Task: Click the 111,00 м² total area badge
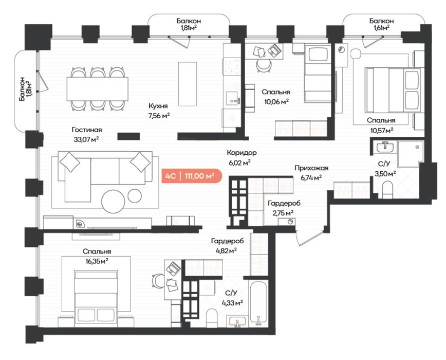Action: pos(192,176)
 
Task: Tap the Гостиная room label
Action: pos(87,130)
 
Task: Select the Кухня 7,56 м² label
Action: pos(159,111)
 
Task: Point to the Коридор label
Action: pos(242,153)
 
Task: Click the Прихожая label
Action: pos(311,168)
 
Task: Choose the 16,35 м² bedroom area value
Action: pos(97,261)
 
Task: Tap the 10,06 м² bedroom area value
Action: pos(276,101)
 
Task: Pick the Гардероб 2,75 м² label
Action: pos(284,208)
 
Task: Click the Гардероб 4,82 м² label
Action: pos(227,246)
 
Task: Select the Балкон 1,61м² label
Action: pos(381,24)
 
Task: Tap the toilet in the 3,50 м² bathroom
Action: pos(387,190)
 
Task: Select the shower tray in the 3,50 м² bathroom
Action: pos(410,154)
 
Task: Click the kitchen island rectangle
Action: pos(188,84)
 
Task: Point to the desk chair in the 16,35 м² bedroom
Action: pos(158,280)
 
